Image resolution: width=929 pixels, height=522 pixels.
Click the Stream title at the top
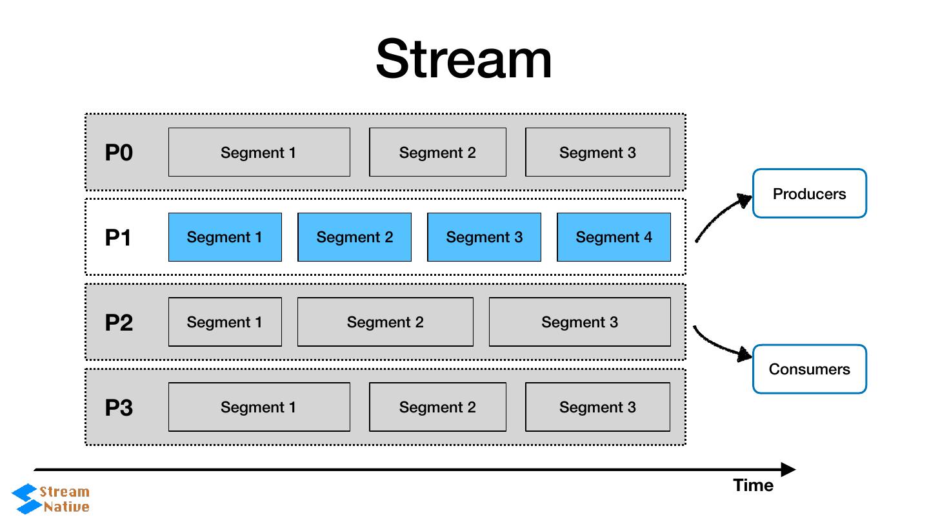point(464,59)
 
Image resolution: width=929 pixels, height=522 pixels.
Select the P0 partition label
point(119,153)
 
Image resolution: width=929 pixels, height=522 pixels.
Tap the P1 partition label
point(119,238)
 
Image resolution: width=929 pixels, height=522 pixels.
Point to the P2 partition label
point(119,322)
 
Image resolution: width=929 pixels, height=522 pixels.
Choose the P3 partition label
point(119,407)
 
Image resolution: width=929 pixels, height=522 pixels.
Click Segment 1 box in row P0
point(259,152)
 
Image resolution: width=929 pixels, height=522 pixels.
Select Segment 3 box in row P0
point(597,152)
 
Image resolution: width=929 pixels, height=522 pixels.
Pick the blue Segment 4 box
point(614,237)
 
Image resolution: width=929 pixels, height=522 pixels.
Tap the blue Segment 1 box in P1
point(225,237)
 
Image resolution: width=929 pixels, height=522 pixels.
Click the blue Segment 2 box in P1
point(354,237)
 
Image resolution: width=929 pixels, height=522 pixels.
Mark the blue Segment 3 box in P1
point(484,237)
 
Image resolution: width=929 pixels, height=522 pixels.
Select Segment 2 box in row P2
point(385,322)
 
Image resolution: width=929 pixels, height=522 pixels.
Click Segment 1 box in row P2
point(225,322)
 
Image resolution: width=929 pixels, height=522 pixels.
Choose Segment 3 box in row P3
point(597,407)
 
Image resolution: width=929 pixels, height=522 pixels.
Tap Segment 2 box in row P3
point(437,407)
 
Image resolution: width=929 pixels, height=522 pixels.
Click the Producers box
point(809,193)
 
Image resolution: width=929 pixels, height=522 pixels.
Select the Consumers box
point(809,369)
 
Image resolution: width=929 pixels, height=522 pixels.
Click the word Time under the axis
point(753,485)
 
